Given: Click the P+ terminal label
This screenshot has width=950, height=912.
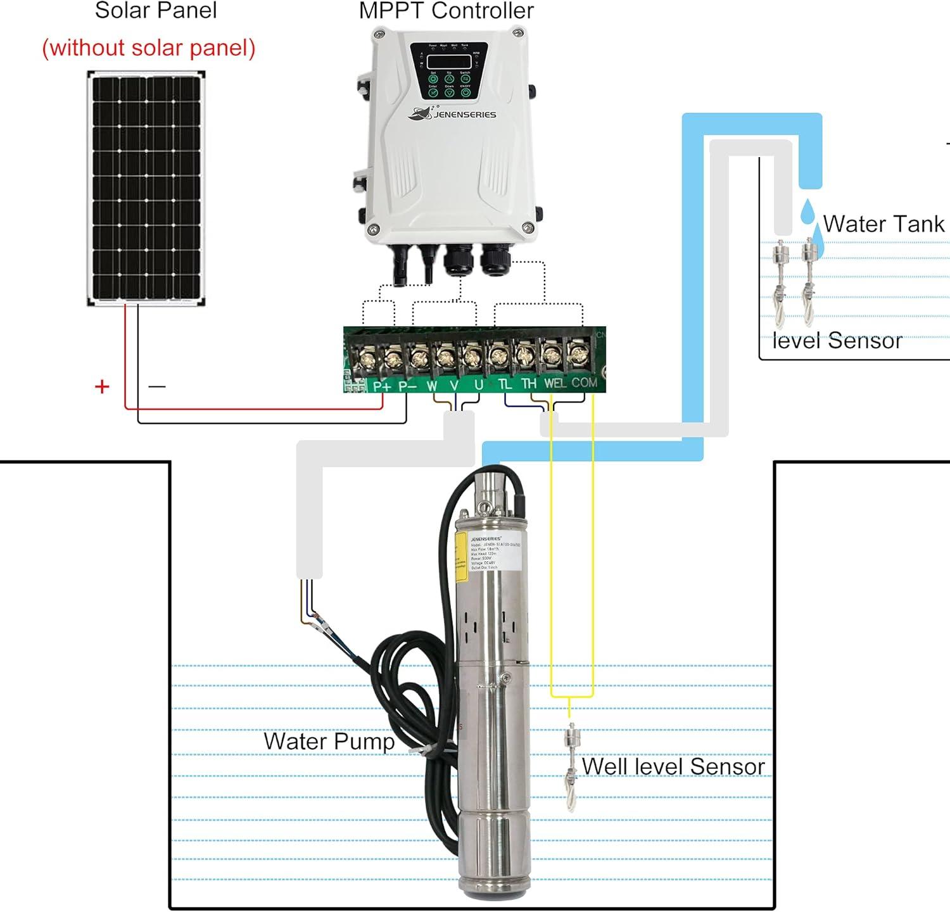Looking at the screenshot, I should [x=382, y=386].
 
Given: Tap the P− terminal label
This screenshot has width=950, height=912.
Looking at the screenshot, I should [x=407, y=386].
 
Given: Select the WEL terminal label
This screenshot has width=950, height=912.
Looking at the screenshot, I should [x=555, y=383].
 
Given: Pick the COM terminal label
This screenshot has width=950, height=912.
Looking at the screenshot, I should [x=584, y=383].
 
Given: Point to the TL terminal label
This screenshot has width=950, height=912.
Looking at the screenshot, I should [x=504, y=384].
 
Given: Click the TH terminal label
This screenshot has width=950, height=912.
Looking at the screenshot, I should [x=529, y=384].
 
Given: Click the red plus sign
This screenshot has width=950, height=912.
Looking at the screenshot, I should [x=102, y=386].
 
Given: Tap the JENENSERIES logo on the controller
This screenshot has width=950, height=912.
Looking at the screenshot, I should [x=452, y=113].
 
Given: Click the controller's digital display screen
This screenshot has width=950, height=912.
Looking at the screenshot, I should [x=449, y=61].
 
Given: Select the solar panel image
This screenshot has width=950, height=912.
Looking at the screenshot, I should [x=146, y=188].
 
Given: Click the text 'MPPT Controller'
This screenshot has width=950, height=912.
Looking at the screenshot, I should [x=446, y=11].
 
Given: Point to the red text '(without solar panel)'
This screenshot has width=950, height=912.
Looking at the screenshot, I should [x=149, y=48].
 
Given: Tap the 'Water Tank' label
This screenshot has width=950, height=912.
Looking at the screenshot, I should [x=883, y=224].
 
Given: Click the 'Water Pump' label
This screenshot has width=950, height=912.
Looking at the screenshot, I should [x=329, y=741].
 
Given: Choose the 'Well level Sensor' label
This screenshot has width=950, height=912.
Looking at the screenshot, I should [x=673, y=766].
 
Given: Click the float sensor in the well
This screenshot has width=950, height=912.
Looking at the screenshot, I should [x=572, y=766].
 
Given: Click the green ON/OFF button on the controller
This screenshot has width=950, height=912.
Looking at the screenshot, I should [x=465, y=92].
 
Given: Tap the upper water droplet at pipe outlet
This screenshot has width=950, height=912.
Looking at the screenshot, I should [x=807, y=212].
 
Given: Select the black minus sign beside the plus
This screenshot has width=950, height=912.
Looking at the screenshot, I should [x=156, y=386].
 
